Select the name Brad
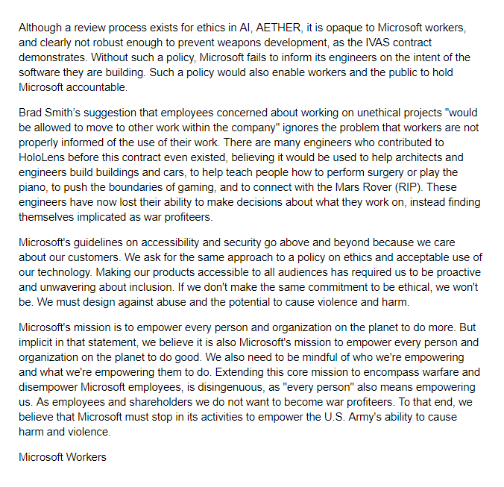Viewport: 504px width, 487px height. pos(32,113)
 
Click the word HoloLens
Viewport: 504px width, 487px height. pos(43,157)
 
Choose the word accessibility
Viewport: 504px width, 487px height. pos(163,242)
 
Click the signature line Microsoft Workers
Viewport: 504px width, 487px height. pos(63,456)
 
